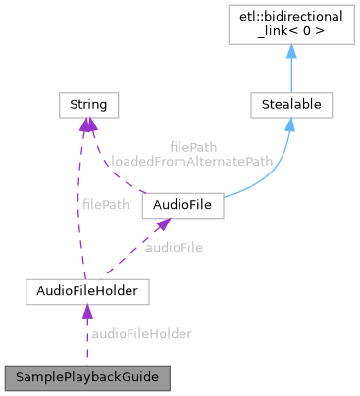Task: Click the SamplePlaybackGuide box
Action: (x=86, y=376)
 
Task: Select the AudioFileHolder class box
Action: (x=86, y=291)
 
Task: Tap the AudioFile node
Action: (x=183, y=206)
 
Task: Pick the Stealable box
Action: (x=291, y=102)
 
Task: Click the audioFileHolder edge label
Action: (x=141, y=334)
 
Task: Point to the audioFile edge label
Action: (x=174, y=248)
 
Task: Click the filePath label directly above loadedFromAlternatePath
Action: (x=192, y=145)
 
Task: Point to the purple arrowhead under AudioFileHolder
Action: (x=86, y=312)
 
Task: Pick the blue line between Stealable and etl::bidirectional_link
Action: (x=291, y=74)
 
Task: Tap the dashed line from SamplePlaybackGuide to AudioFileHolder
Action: (x=86, y=343)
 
